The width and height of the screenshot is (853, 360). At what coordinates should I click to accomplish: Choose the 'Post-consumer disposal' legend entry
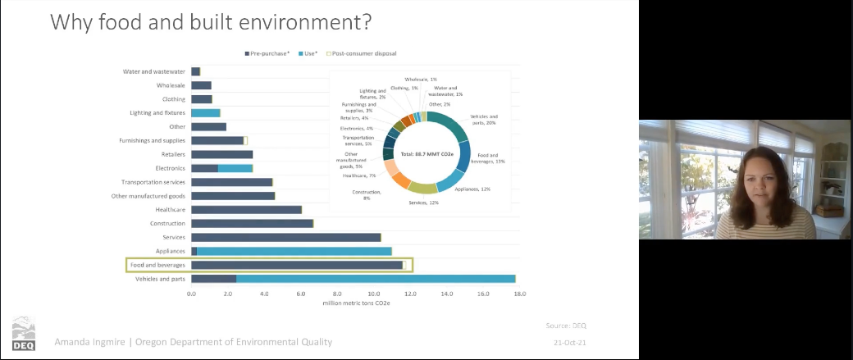pyautogui.click(x=363, y=53)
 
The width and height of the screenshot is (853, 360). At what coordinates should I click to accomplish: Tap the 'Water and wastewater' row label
pyautogui.click(x=153, y=71)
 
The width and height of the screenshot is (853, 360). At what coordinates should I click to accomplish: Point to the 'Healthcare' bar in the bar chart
pyautogui.click(x=246, y=209)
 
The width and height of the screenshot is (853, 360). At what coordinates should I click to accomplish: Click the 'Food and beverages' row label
pyautogui.click(x=157, y=265)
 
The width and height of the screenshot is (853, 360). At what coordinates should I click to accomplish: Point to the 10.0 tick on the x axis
pyautogui.click(x=374, y=293)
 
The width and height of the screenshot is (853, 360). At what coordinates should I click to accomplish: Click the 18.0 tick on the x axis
pyautogui.click(x=519, y=293)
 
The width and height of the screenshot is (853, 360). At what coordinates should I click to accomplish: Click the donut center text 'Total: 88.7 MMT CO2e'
pyautogui.click(x=427, y=154)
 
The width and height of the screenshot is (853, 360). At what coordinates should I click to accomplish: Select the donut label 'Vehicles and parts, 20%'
pyautogui.click(x=484, y=120)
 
